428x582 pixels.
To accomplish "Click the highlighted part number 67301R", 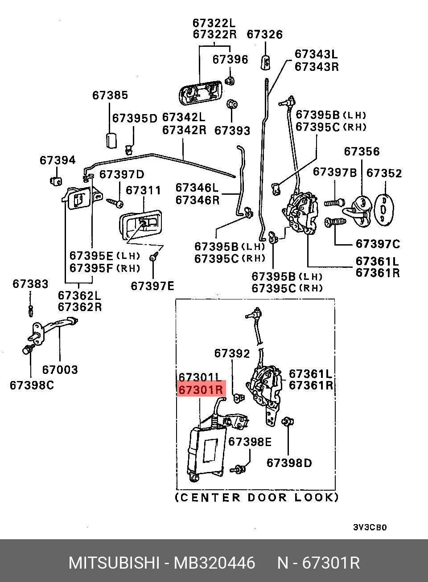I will pyautogui.click(x=201, y=390).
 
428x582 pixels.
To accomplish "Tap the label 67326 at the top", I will pyautogui.click(x=264, y=35).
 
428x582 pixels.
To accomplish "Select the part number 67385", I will pyautogui.click(x=110, y=95).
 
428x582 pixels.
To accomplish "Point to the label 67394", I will pyautogui.click(x=58, y=160).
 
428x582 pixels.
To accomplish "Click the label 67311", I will pyautogui.click(x=143, y=191).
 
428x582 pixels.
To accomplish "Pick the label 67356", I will pyautogui.click(x=362, y=152).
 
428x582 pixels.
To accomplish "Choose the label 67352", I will pyautogui.click(x=384, y=173).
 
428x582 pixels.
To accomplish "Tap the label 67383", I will pyautogui.click(x=30, y=284).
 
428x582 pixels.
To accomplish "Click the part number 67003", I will pyautogui.click(x=60, y=370).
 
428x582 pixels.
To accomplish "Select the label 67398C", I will pyautogui.click(x=32, y=385).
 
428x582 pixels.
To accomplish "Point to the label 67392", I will pyautogui.click(x=232, y=353).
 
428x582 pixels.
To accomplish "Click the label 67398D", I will pyautogui.click(x=289, y=463).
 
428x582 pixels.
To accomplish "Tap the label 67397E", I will pyautogui.click(x=152, y=286).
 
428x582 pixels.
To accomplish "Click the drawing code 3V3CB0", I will pyautogui.click(x=370, y=527).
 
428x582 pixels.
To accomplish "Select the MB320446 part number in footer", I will pyautogui.click(x=214, y=563).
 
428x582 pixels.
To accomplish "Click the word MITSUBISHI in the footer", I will pyautogui.click(x=114, y=563).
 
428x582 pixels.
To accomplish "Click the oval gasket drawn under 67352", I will pyautogui.click(x=383, y=209).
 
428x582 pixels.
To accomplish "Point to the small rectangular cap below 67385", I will pyautogui.click(x=111, y=140).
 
